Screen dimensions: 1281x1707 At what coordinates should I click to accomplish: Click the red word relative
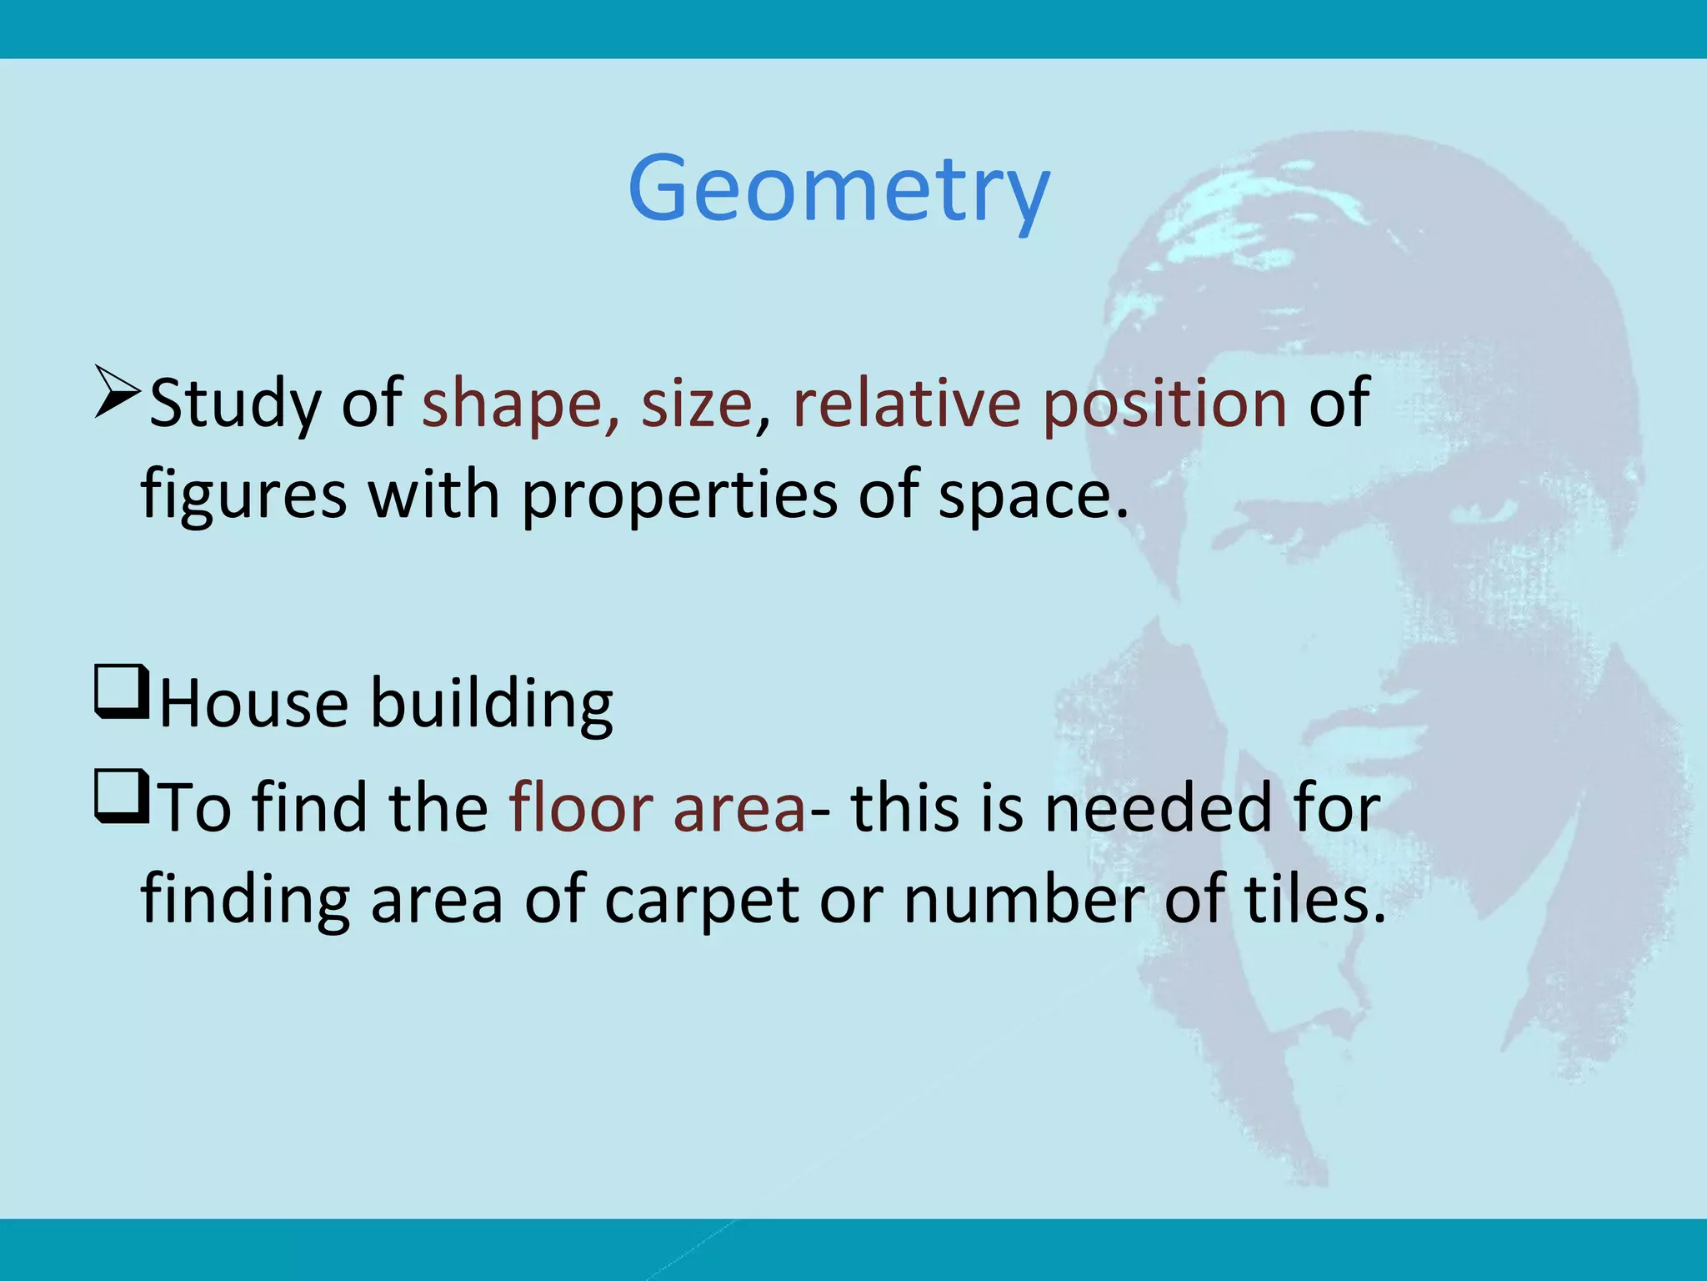coord(906,404)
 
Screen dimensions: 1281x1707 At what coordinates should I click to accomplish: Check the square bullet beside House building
coord(122,692)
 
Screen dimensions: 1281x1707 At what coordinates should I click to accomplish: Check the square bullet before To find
coord(122,797)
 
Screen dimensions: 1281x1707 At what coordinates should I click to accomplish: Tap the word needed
coord(1158,807)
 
